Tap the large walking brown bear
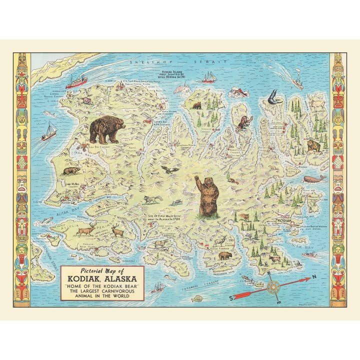[x=106, y=129]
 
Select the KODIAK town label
[x=282, y=220]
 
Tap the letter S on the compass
[x=231, y=297]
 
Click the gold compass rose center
[x=273, y=287]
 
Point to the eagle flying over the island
[x=172, y=170]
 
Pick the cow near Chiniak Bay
[x=274, y=259]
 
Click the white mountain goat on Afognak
[x=317, y=103]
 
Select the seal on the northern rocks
[x=239, y=92]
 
